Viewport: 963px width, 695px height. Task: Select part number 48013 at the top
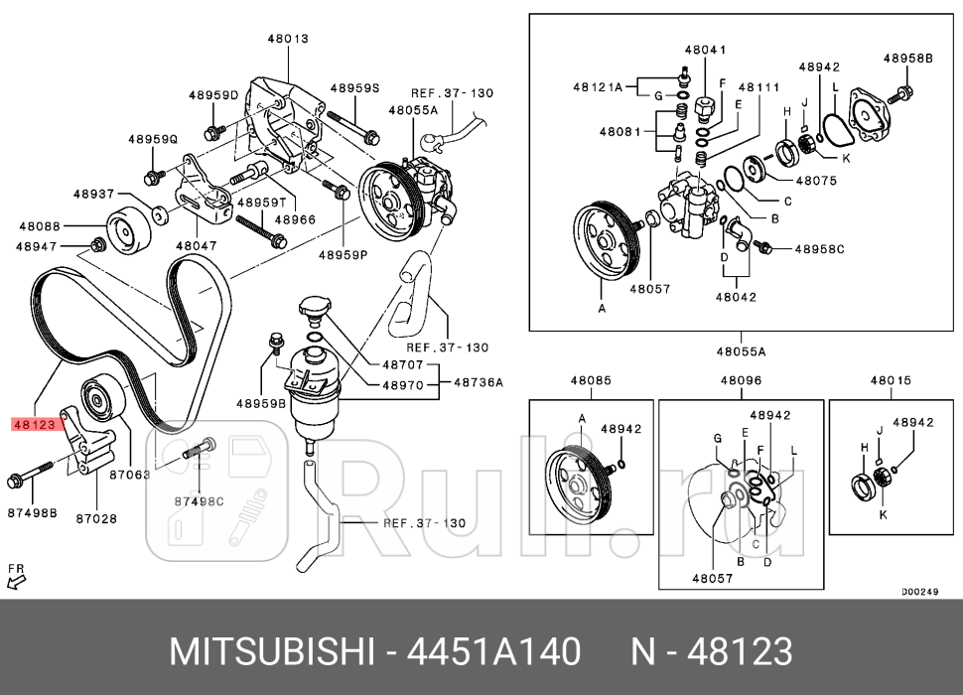(287, 39)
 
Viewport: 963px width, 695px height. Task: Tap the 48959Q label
(152, 140)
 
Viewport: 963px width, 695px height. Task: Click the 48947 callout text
(39, 245)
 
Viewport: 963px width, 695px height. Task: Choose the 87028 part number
(96, 518)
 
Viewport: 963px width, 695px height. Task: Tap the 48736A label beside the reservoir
(479, 381)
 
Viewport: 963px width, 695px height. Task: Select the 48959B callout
(261, 403)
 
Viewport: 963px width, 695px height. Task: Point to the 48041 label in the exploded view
(705, 49)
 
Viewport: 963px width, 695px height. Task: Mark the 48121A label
(597, 86)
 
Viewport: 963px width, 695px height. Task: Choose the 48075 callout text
(815, 182)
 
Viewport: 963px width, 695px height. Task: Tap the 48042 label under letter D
(737, 296)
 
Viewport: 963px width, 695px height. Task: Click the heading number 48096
(741, 380)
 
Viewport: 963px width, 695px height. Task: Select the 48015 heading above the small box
(891, 380)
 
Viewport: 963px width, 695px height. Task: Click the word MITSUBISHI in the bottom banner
(271, 652)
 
